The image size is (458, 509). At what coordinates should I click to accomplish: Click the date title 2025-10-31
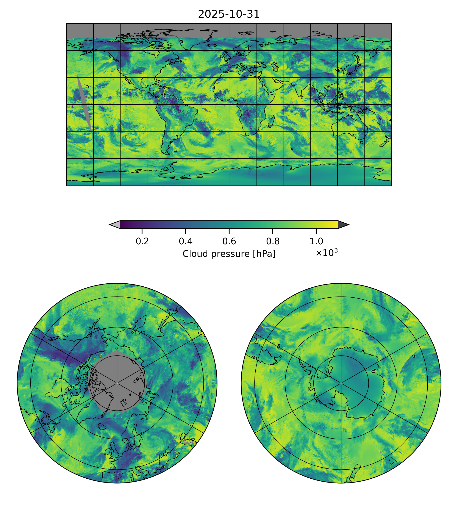point(229,14)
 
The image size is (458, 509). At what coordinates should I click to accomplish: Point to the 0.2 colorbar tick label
point(142,241)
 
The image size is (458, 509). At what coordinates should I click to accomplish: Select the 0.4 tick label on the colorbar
point(186,241)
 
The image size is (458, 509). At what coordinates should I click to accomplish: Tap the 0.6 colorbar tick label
point(229,241)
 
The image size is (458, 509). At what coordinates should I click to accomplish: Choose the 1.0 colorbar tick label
point(316,241)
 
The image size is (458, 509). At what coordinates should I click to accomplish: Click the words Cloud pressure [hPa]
point(229,254)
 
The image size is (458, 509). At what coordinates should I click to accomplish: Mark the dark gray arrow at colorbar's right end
point(343,224)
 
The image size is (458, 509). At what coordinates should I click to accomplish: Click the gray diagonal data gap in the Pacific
point(84,103)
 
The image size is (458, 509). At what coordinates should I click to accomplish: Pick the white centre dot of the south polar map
point(341,383)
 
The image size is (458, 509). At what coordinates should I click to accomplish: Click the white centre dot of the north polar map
point(117,383)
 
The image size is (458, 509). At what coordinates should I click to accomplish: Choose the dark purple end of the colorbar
point(123,224)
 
